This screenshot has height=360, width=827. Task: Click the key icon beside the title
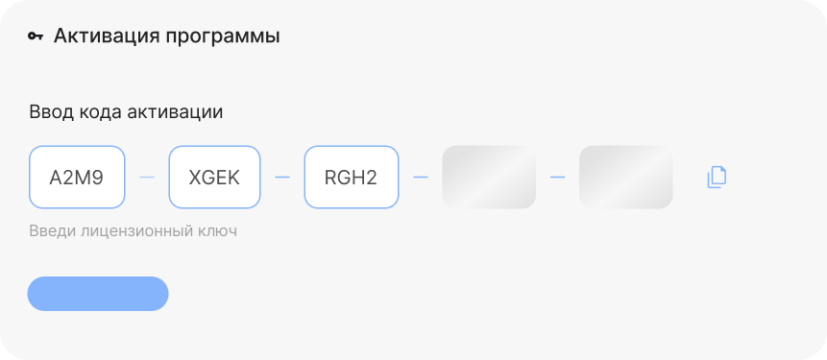(36, 36)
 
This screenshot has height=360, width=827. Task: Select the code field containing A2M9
(77, 177)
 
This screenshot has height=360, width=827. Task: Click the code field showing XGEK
(214, 177)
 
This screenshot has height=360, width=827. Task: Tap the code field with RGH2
(352, 177)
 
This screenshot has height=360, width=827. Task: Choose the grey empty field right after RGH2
(489, 177)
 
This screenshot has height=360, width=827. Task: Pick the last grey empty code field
(626, 177)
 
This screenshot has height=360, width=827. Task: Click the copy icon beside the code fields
(717, 177)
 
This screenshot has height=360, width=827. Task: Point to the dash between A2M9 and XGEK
(147, 177)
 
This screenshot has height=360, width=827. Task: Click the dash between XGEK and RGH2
(282, 177)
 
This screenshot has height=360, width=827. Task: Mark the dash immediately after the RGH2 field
(421, 177)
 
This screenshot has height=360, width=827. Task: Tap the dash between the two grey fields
(557, 177)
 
